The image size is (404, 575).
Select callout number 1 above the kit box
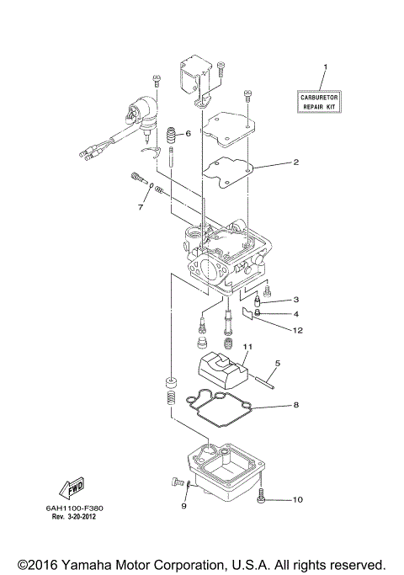(326, 67)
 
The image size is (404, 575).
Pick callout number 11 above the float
(247, 347)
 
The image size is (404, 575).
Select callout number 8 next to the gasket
(295, 406)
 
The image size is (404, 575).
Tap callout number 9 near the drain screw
(183, 506)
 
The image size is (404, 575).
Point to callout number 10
(297, 500)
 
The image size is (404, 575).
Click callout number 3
(295, 300)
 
